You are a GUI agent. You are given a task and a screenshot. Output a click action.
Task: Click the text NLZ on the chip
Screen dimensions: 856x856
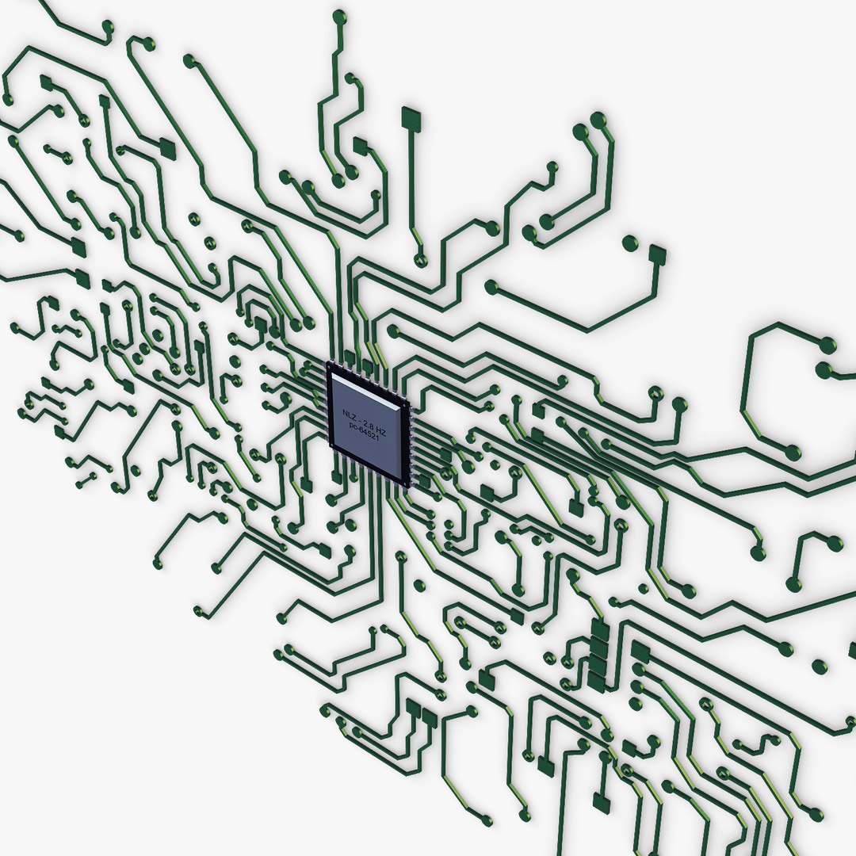click(x=349, y=415)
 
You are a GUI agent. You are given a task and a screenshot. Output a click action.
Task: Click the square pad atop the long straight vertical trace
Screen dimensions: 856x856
click(x=411, y=119)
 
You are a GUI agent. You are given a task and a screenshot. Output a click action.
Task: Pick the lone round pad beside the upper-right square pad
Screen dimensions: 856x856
click(x=630, y=243)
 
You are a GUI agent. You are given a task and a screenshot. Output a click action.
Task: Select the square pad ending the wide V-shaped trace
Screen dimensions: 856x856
click(x=657, y=254)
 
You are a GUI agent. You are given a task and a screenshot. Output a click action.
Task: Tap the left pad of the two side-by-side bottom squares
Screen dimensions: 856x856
click(x=413, y=708)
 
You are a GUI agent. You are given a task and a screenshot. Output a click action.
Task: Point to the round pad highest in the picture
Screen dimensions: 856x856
click(x=339, y=16)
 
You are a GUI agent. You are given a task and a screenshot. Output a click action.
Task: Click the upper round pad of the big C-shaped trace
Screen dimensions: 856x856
click(x=827, y=346)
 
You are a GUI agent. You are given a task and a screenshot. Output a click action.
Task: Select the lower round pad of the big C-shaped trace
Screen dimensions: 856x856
click(x=792, y=453)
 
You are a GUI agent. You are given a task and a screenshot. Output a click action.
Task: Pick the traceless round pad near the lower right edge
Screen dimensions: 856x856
click(x=820, y=667)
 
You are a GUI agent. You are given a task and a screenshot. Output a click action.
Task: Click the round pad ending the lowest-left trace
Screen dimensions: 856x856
click(x=199, y=611)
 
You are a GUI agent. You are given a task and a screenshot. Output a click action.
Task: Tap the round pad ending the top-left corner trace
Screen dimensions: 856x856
click(x=106, y=28)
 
